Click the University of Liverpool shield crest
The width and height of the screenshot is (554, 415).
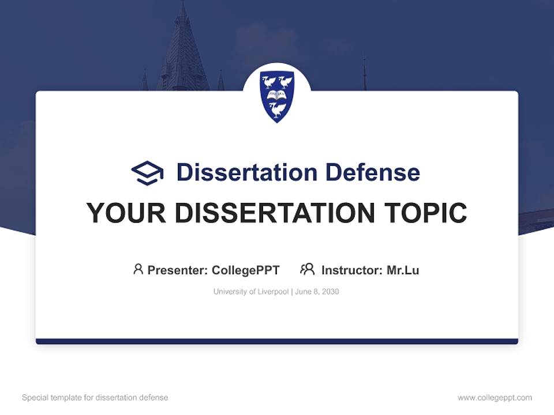(x=277, y=96)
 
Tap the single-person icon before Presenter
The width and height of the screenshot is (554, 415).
(x=138, y=269)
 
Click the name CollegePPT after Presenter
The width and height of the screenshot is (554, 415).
(x=245, y=270)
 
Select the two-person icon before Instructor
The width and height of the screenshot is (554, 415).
(x=307, y=269)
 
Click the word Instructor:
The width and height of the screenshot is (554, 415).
(x=351, y=270)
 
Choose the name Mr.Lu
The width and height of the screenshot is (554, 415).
(x=403, y=270)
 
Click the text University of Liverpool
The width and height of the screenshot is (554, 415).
(x=251, y=292)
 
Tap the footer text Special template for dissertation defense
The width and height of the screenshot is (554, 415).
(x=95, y=398)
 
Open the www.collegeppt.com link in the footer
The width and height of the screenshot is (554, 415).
(x=495, y=398)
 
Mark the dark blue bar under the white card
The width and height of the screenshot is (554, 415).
(x=277, y=341)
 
